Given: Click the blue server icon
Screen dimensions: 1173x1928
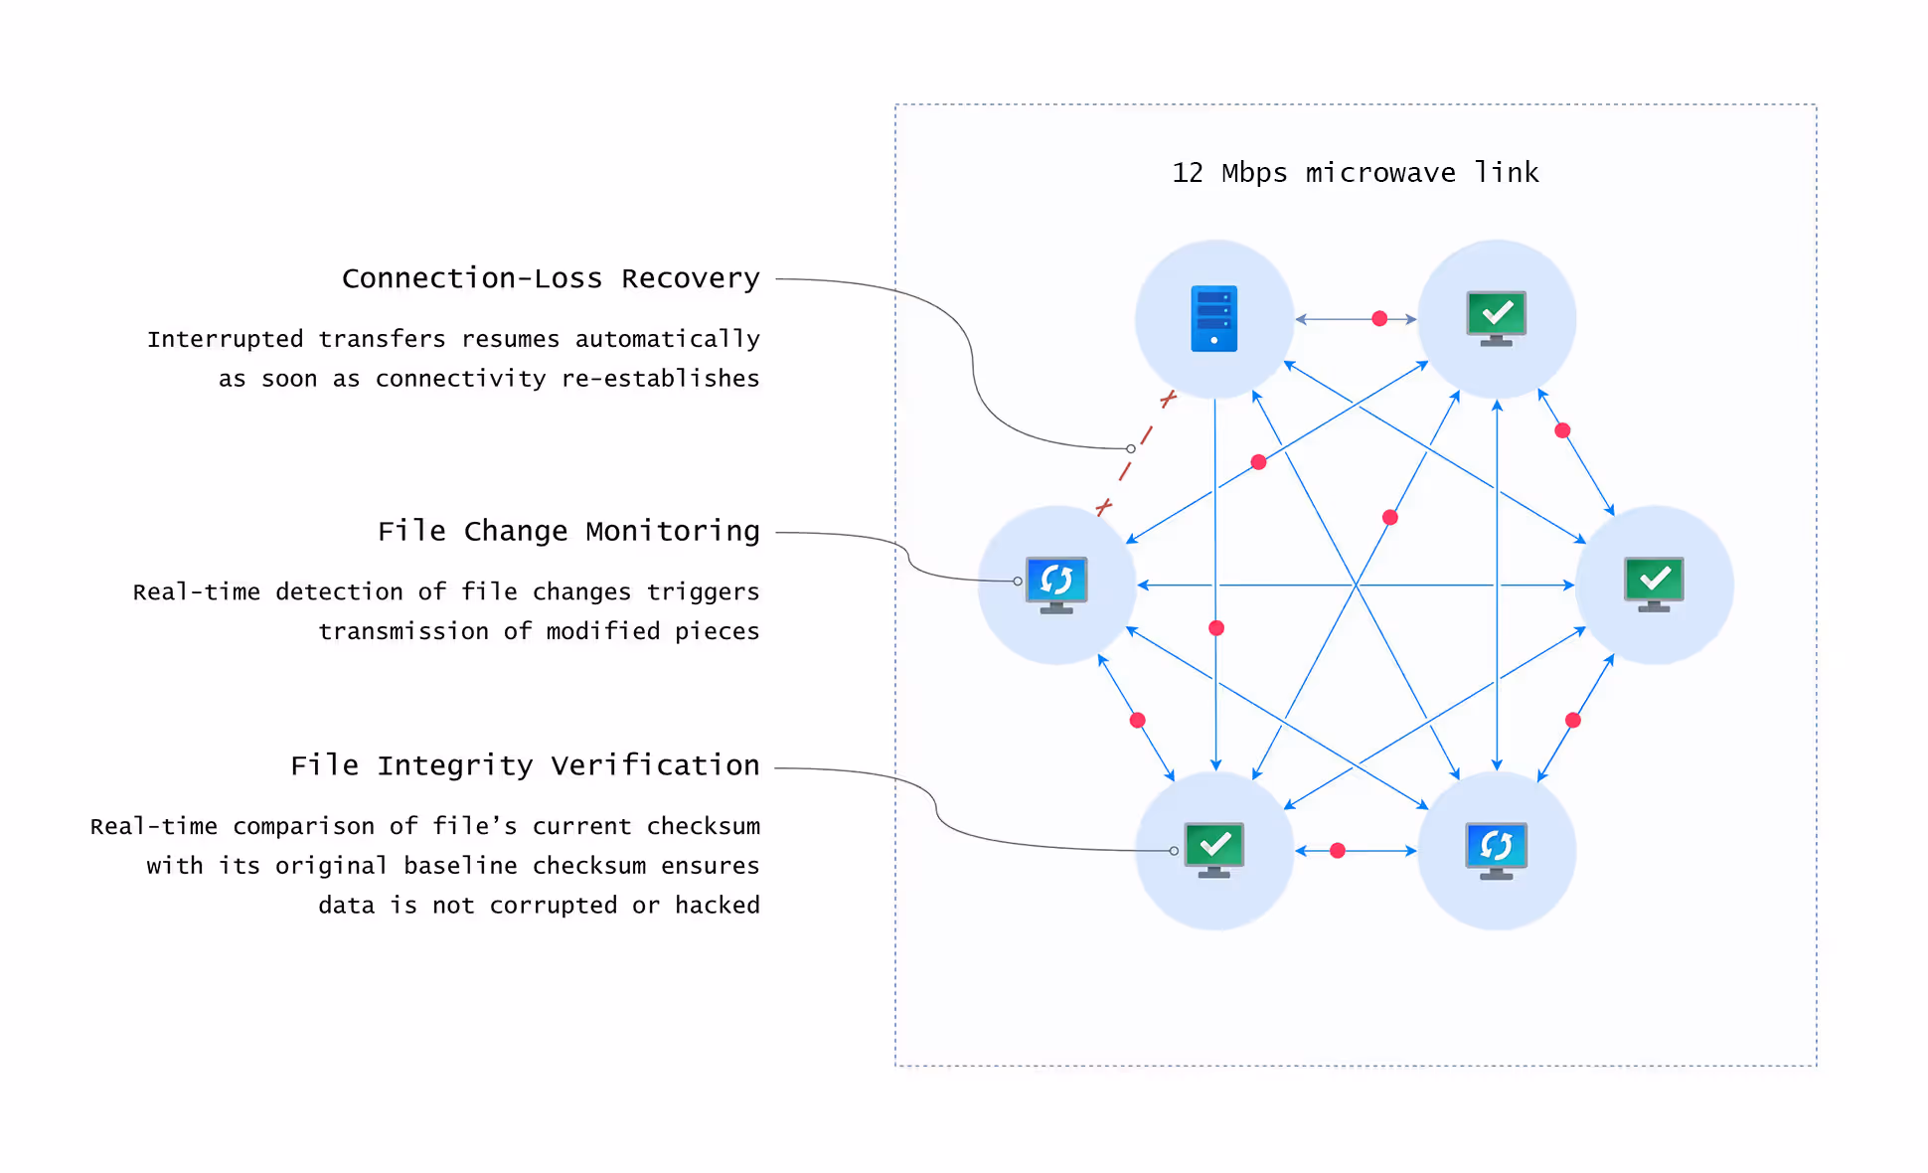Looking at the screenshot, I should click(x=1213, y=318).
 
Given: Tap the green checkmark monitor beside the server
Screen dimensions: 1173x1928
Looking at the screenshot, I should click(x=1496, y=317).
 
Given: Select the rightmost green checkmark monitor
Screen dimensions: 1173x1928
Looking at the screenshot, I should click(x=1654, y=584).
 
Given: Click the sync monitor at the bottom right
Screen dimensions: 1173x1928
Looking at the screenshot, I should click(x=1496, y=850).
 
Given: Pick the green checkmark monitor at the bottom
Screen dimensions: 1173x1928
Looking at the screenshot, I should click(x=1213, y=849).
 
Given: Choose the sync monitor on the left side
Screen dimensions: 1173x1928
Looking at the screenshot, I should click(x=1056, y=584).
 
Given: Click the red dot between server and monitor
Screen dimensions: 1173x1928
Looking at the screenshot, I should click(x=1379, y=319).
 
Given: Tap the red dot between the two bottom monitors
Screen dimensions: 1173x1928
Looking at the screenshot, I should click(x=1338, y=851).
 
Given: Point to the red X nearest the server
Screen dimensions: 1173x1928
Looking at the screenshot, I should click(x=1169, y=399).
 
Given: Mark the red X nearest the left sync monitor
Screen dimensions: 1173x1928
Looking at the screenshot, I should click(x=1103, y=508).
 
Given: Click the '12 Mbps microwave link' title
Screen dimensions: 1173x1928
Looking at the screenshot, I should click(x=1355, y=173).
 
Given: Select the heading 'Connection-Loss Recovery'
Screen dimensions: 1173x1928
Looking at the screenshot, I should click(x=551, y=278).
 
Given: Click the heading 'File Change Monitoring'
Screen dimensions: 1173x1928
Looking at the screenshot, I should click(x=568, y=531).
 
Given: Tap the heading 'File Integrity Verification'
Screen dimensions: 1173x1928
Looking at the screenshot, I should click(x=525, y=765).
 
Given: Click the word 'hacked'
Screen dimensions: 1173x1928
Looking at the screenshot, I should click(x=718, y=906).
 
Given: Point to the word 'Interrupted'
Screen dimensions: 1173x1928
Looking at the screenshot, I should click(x=225, y=339).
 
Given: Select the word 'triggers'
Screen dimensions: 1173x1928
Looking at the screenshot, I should click(x=703, y=592).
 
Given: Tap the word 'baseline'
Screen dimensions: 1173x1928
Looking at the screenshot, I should click(x=460, y=866).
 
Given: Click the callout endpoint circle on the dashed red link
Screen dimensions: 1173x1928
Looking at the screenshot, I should click(x=1131, y=449).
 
